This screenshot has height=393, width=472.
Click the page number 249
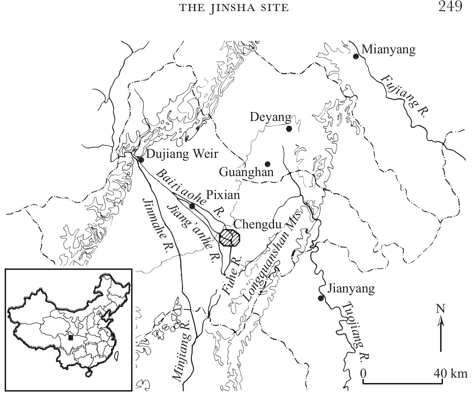click(450, 7)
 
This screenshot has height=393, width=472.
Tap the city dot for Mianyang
click(356, 56)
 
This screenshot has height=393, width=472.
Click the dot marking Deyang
click(289, 129)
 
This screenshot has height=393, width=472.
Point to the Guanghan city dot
click(267, 164)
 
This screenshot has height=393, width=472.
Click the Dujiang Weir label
click(182, 154)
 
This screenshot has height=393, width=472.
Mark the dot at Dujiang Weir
click(141, 160)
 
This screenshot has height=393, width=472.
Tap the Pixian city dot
click(192, 206)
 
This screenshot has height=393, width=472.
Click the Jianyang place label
click(351, 288)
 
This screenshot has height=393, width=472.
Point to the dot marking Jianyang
click(321, 298)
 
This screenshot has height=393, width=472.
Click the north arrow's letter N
click(440, 309)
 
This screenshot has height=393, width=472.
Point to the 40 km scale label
click(451, 373)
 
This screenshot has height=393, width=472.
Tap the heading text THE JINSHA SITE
click(234, 8)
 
